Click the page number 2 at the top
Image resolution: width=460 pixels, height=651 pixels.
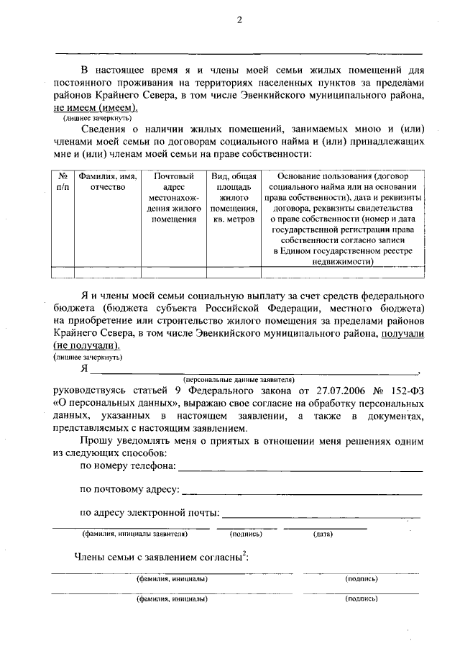point(239,21)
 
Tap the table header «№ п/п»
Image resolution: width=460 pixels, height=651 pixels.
point(63,181)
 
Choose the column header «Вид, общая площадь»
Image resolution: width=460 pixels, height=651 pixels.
point(234,197)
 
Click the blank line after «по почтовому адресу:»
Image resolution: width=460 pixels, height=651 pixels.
point(302,493)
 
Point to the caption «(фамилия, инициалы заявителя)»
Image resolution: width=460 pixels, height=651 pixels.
point(135,534)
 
